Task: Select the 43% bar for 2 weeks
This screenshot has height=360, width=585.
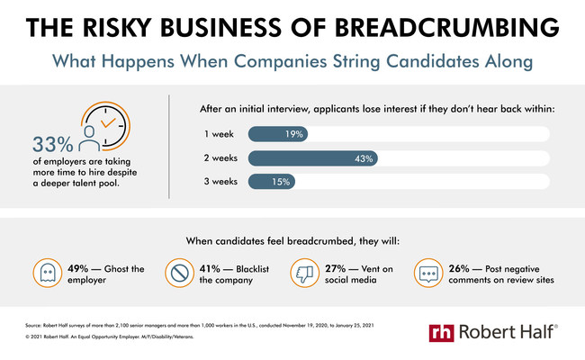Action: coord(313,157)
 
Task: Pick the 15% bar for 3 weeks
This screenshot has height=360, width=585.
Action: coord(271,182)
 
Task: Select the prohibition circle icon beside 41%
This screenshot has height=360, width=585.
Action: coord(179,272)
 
